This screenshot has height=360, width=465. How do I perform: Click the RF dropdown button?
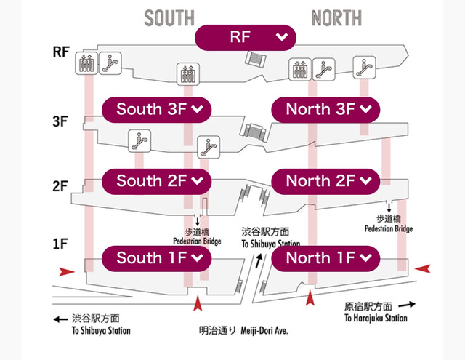246,37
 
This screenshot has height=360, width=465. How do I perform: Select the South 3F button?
155,109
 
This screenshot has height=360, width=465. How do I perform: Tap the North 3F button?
325,109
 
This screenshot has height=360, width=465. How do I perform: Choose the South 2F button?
155,180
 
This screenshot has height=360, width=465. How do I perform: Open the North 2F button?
325,180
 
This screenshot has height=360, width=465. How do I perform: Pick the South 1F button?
155,257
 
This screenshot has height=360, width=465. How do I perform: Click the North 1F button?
325,257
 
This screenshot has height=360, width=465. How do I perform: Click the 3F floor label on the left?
60,121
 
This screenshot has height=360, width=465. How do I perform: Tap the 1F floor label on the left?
60,244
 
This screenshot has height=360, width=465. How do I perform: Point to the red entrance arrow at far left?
67,271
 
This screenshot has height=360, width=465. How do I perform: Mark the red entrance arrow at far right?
424,269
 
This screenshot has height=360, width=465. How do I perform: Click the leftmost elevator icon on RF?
86,63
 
